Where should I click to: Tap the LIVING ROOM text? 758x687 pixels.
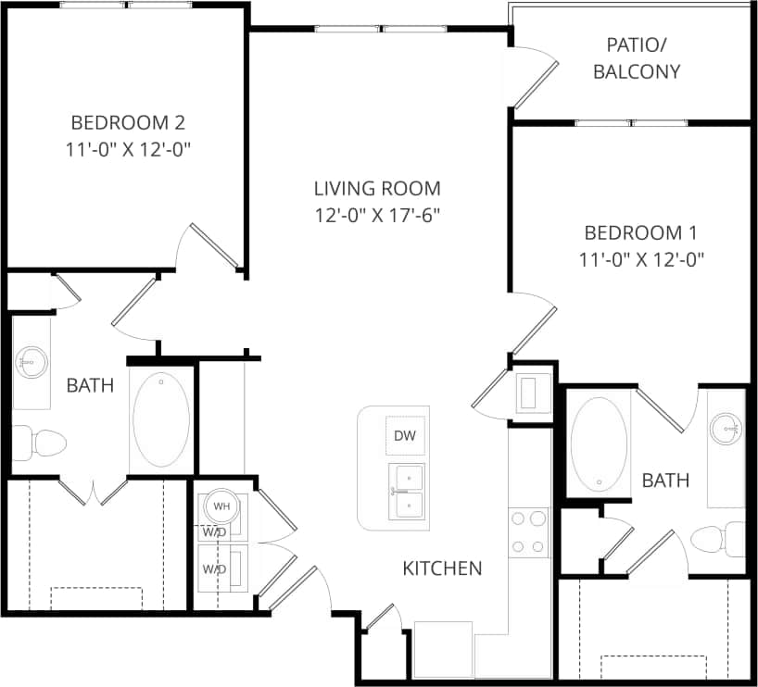pyautogui.click(x=377, y=189)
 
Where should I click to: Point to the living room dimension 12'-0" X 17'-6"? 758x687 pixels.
pyautogui.click(x=377, y=215)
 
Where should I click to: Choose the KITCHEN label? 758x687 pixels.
pyautogui.click(x=442, y=568)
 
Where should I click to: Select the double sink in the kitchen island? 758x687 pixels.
pyautogui.click(x=406, y=491)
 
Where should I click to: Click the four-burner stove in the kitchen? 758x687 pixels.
pyautogui.click(x=528, y=532)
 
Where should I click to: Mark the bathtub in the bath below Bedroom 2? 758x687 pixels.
pyautogui.click(x=161, y=419)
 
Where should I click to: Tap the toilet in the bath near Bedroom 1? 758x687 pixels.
pyautogui.click(x=719, y=539)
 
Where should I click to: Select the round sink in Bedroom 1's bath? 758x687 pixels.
pyautogui.click(x=726, y=428)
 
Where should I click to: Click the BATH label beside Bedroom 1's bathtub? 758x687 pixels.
pyautogui.click(x=665, y=480)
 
